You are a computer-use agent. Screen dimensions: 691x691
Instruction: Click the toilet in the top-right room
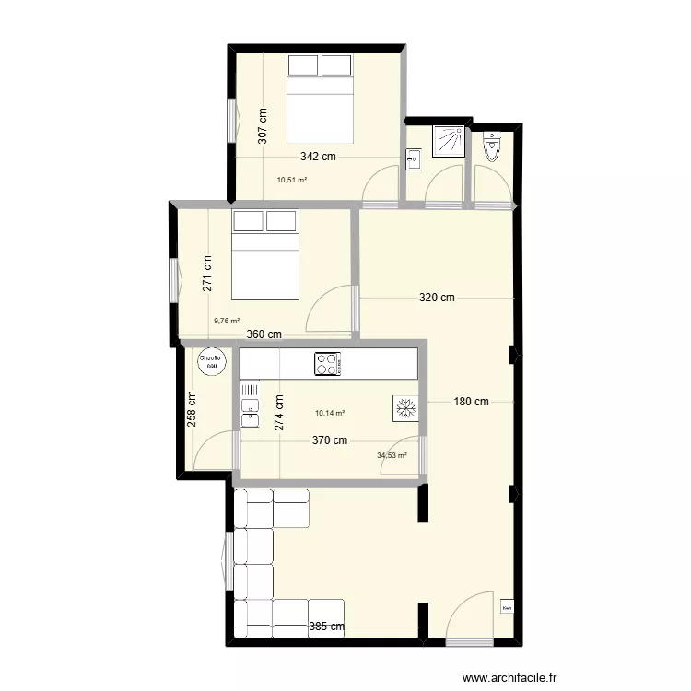point(492,147)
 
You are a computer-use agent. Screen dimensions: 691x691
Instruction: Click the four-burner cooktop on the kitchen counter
point(327,364)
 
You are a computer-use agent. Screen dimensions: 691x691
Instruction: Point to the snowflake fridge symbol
point(406,408)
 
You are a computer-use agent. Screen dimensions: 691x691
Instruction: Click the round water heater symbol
point(210,362)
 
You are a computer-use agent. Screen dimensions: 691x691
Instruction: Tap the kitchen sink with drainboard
point(250,405)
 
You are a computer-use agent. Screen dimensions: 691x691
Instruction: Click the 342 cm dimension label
point(318,157)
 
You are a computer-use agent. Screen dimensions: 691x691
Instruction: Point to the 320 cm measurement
point(437,298)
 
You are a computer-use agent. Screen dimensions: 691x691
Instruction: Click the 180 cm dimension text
point(470,401)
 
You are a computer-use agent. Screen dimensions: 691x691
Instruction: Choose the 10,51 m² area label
point(292,181)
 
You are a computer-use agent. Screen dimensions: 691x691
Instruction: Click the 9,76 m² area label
point(227,322)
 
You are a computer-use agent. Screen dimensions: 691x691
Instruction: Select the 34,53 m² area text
point(392,454)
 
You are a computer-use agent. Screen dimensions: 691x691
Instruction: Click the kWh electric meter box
point(506,607)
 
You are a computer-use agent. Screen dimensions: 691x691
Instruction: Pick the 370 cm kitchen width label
point(330,440)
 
